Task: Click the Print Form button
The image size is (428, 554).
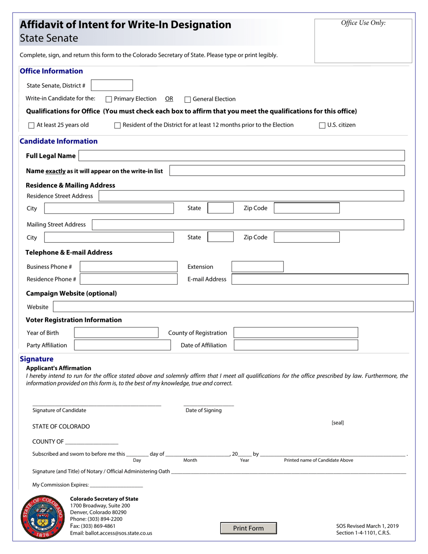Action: click(x=248, y=528)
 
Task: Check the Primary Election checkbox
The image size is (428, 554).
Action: click(x=109, y=99)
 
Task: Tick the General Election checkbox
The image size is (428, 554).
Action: click(x=188, y=100)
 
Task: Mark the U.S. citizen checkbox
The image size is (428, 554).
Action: click(x=322, y=125)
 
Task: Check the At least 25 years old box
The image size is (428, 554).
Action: click(x=32, y=125)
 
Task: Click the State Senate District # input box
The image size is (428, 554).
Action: click(x=112, y=85)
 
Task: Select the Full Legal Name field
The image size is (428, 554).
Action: click(x=241, y=156)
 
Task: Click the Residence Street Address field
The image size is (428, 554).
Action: click(x=251, y=196)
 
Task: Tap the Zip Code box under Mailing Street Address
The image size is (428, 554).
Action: click(x=307, y=237)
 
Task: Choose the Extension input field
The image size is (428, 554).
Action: click(x=257, y=267)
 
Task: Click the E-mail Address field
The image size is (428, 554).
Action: click(x=319, y=279)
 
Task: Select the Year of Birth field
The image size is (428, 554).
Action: click(x=116, y=333)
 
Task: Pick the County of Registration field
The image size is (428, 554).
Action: click(x=296, y=333)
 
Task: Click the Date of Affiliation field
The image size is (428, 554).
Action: click(x=296, y=345)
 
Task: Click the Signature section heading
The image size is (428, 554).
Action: click(x=36, y=359)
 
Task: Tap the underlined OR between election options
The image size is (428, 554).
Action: click(x=169, y=99)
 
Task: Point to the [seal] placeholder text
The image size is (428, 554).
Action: click(x=337, y=423)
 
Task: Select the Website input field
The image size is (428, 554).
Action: click(x=233, y=307)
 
